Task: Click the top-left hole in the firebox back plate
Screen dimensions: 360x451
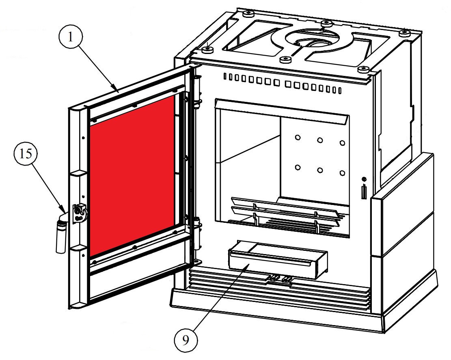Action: point(298,138)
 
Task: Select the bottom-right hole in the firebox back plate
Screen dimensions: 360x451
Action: point(342,173)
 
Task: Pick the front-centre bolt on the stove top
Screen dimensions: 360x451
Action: point(287,60)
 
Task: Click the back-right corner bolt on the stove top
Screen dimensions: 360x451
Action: point(404,33)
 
